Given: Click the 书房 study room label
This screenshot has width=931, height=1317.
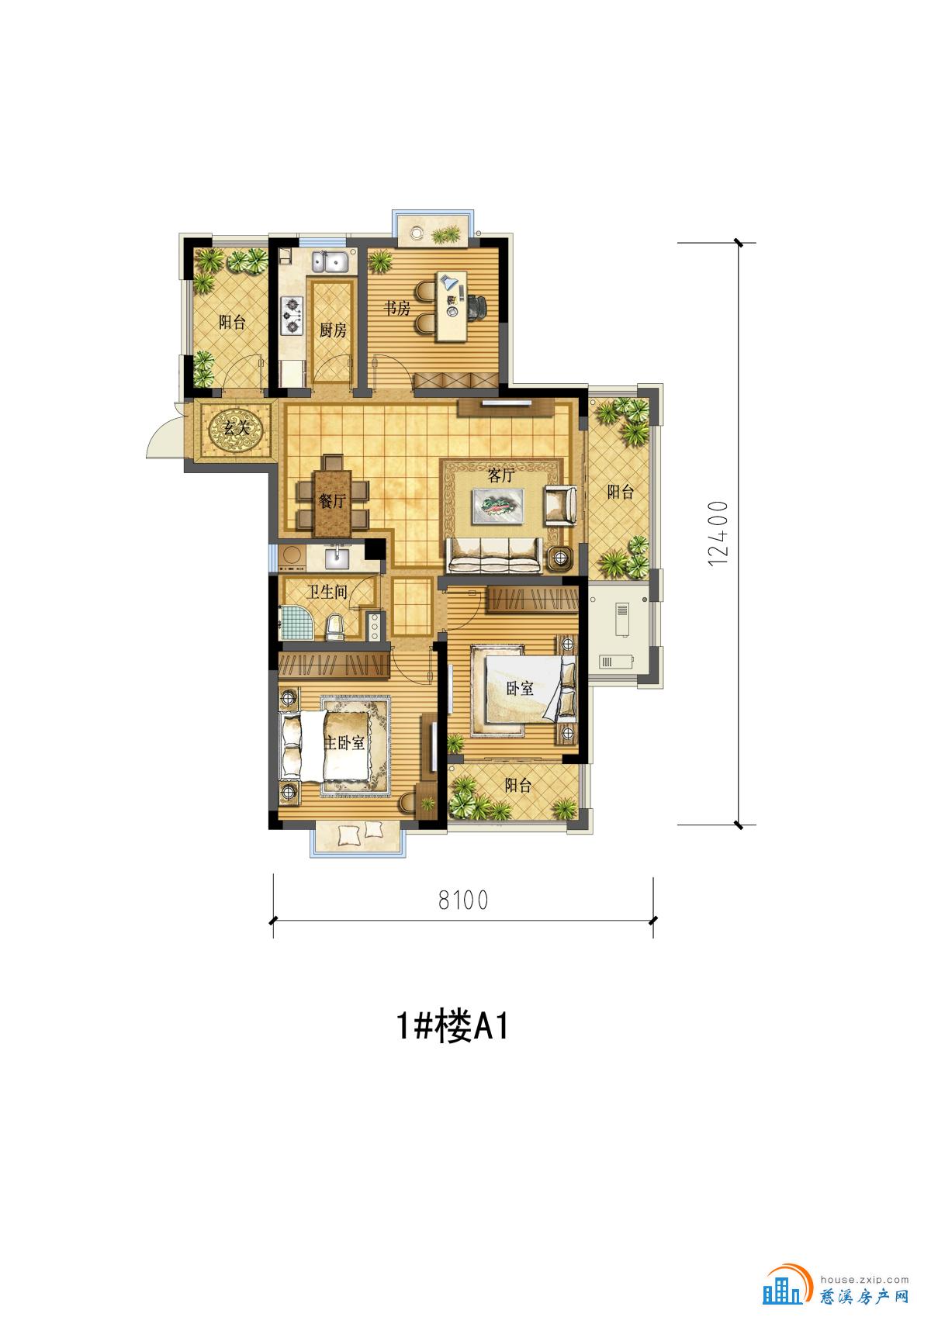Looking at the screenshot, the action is point(397,308).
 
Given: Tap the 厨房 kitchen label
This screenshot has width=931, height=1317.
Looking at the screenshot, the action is point(333,330).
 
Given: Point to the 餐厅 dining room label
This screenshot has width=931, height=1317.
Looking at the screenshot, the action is point(332,501).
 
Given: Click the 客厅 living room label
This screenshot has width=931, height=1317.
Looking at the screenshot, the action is point(501,475).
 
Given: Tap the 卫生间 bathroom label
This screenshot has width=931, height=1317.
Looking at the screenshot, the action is point(327,592).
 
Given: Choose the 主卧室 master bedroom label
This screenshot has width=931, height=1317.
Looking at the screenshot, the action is point(344,742).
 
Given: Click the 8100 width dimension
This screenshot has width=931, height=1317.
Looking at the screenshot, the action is point(463,900).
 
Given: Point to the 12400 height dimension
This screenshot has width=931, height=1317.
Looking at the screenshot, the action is point(718,534).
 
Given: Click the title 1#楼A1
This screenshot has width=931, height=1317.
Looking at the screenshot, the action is point(452,1027).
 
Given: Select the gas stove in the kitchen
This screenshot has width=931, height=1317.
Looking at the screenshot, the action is point(292,315).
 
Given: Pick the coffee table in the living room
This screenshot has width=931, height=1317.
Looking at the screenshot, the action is point(498,505).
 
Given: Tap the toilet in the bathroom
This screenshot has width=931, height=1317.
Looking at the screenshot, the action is point(334,626).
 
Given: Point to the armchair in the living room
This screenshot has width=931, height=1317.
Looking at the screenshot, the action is point(559,505).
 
